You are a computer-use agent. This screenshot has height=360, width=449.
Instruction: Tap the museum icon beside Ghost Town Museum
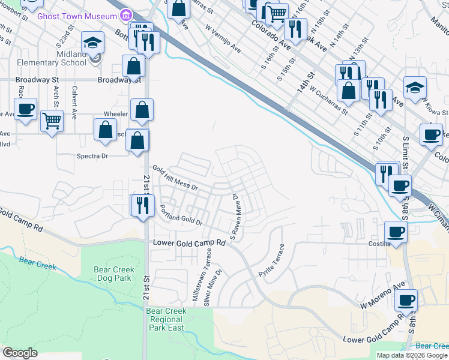(127, 15)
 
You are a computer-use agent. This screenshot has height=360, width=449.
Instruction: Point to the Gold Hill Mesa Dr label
(175, 178)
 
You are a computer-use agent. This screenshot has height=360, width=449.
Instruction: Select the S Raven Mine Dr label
(235, 217)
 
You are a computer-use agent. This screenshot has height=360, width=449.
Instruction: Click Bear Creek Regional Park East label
(167, 319)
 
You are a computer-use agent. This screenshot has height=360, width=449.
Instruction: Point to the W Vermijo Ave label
(223, 38)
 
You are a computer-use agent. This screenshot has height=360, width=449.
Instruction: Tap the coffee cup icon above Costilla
(395, 231)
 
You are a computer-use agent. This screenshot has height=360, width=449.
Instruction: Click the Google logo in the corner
(20, 353)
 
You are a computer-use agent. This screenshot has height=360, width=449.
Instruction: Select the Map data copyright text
(412, 355)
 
